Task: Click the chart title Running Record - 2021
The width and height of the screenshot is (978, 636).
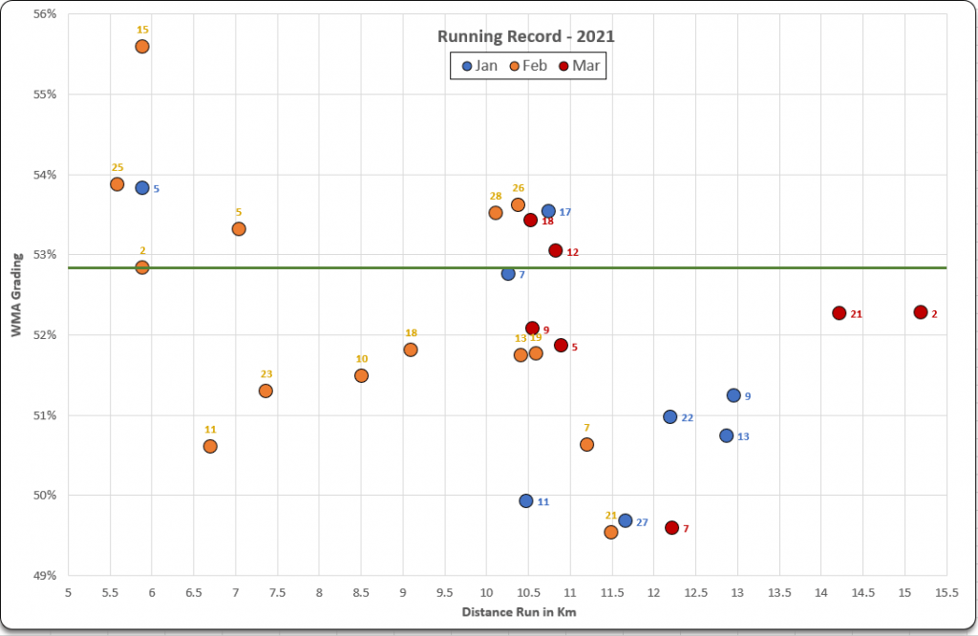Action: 526,37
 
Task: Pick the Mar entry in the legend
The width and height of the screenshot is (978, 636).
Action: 579,66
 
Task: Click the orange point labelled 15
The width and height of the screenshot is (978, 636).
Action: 142,46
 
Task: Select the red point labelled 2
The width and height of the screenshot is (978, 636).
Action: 921,312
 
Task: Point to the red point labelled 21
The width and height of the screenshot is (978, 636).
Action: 839,313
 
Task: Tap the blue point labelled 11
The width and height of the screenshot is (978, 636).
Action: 526,500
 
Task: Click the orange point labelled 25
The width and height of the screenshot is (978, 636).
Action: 117,184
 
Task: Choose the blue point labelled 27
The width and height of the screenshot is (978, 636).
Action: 626,520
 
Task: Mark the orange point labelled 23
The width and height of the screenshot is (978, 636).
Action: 266,391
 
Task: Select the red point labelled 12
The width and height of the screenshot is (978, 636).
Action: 556,250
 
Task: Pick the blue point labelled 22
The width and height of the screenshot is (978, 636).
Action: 670,416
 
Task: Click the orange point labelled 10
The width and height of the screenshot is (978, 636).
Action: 361,375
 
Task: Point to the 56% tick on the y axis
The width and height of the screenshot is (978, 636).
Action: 44,14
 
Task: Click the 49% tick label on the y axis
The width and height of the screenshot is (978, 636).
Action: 44,576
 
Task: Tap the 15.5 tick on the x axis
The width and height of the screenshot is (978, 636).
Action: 946,593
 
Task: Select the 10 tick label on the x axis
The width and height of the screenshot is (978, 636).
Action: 486,593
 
